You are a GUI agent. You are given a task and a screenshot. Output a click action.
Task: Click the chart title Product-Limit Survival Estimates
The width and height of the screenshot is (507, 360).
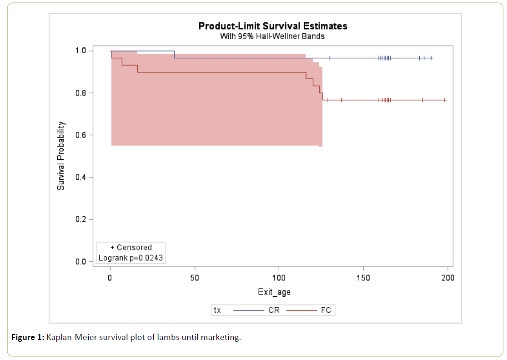pyautogui.click(x=273, y=26)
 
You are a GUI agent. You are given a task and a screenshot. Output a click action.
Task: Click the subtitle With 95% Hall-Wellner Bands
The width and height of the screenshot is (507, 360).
pyautogui.click(x=272, y=36)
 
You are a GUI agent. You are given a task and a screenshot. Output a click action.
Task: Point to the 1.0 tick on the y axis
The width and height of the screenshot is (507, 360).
pyautogui.click(x=81, y=51)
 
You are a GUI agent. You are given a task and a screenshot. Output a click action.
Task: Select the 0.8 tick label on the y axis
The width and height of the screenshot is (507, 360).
pyautogui.click(x=81, y=93)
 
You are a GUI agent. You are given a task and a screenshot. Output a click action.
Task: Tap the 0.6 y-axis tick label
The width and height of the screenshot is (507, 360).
pyautogui.click(x=81, y=135)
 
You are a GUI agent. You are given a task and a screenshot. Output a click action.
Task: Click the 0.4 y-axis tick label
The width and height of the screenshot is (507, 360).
pyautogui.click(x=81, y=177)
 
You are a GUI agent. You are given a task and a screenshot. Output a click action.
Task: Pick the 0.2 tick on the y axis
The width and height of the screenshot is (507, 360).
pyautogui.click(x=81, y=220)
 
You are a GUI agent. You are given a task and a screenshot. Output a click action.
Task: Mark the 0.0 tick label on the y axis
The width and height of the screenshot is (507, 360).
pyautogui.click(x=81, y=262)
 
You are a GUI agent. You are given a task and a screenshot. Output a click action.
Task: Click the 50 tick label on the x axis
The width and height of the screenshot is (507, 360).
pyautogui.click(x=195, y=277)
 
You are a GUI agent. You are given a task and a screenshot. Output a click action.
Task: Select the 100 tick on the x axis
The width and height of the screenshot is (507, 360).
pyautogui.click(x=279, y=277)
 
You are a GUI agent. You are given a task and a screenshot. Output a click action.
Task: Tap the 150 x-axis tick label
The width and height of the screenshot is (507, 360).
pyautogui.click(x=363, y=277)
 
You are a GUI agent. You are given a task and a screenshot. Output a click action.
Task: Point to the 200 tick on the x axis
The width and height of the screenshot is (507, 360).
pyautogui.click(x=447, y=277)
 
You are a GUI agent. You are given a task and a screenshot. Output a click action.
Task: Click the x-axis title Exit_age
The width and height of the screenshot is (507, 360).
pyautogui.click(x=274, y=292)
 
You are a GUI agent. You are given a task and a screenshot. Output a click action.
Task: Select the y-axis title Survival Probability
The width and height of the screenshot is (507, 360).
pyautogui.click(x=60, y=156)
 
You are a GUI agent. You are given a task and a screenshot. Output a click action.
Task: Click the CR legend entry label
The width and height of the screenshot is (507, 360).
pyautogui.click(x=274, y=310)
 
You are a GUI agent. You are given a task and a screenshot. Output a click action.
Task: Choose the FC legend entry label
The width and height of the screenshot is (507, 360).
pyautogui.click(x=326, y=310)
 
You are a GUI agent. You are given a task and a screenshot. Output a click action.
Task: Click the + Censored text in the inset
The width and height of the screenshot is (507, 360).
pyautogui.click(x=131, y=248)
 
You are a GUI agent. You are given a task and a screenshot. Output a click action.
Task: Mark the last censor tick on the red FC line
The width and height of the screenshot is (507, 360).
pyautogui.click(x=445, y=100)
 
